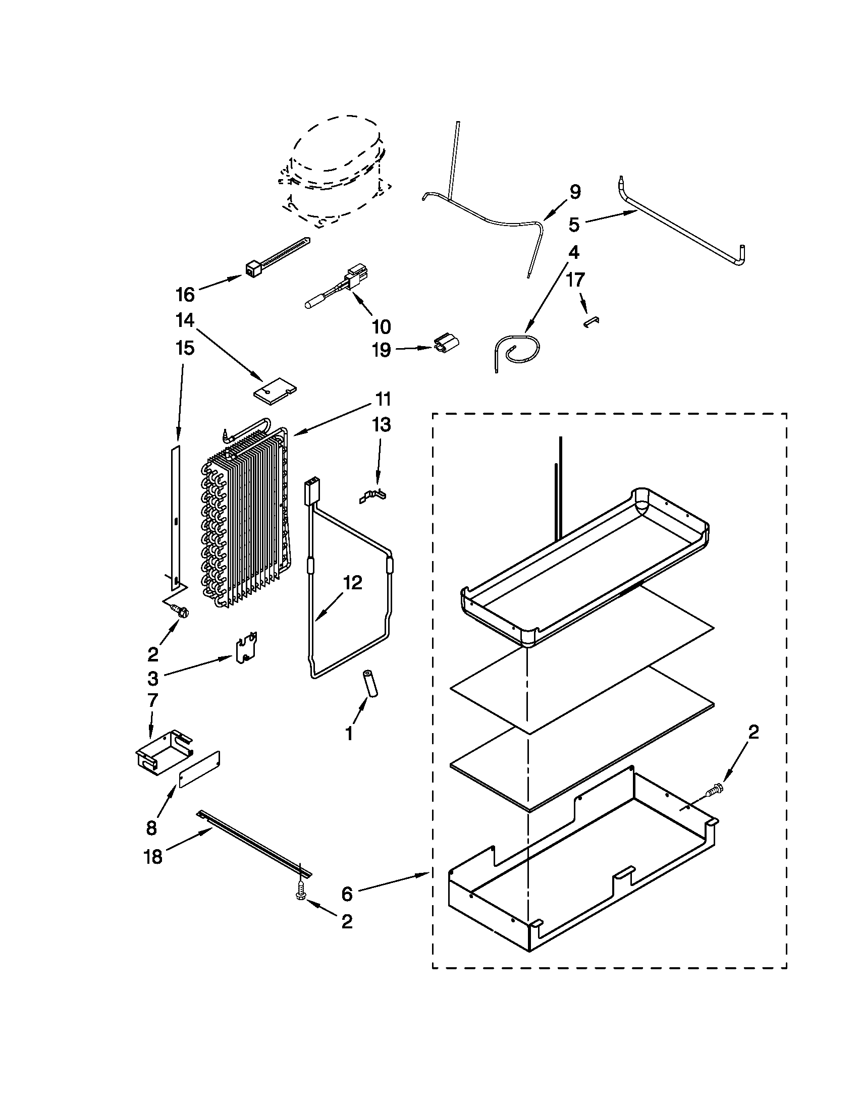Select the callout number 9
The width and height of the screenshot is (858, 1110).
(574, 192)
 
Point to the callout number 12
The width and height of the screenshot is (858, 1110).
(353, 582)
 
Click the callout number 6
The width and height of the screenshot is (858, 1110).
(347, 894)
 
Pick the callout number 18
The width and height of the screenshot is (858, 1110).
(153, 857)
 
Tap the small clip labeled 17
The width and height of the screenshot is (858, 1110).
(591, 322)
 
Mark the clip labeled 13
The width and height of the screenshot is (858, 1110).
(373, 495)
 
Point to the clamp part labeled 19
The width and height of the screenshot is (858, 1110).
(445, 343)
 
